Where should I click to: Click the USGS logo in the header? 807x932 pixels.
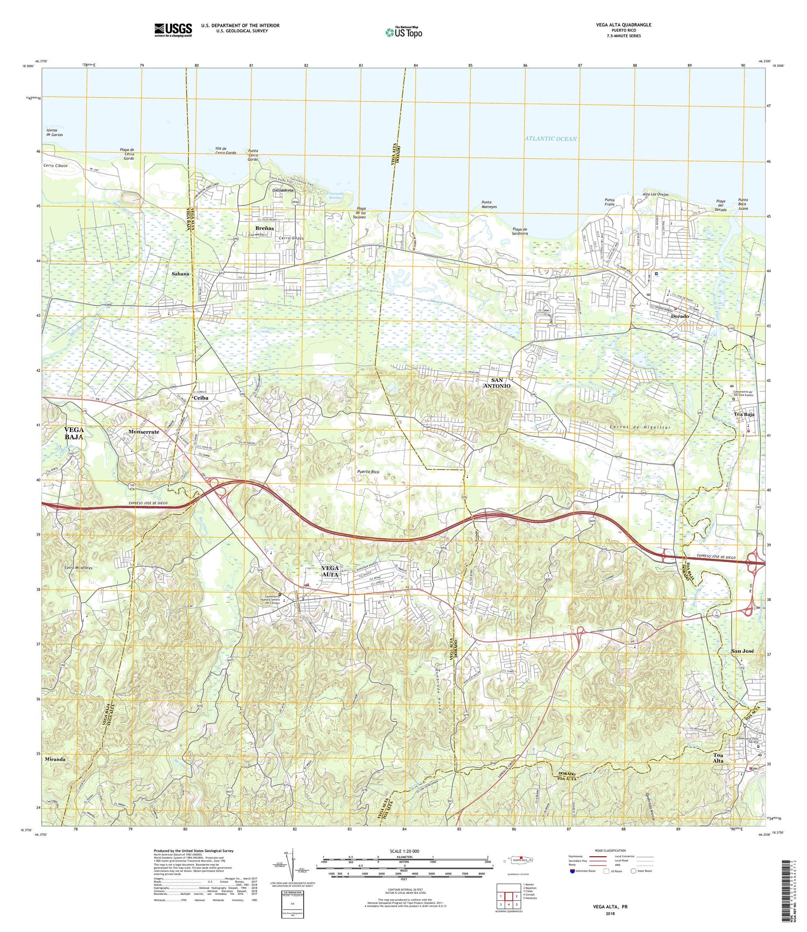point(173,29)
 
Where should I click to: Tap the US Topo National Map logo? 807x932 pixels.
point(403,32)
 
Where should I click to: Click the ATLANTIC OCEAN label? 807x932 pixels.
point(550,139)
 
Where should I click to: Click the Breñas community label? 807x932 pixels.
point(264,228)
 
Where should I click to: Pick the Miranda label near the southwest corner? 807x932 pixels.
point(55,759)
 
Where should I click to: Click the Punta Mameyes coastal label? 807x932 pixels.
point(489,204)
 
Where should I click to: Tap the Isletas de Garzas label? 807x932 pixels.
point(55,132)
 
